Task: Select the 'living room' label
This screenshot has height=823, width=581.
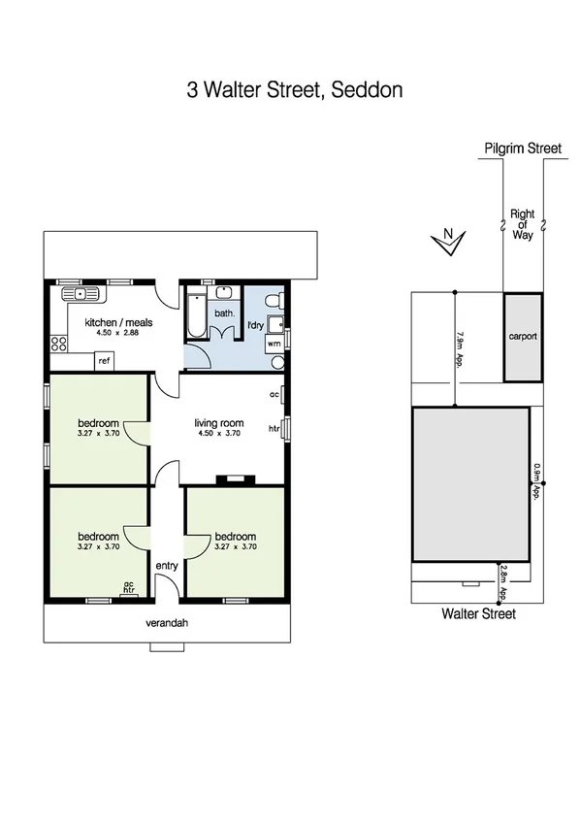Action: point(218,423)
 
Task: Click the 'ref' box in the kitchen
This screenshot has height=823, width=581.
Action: point(104,361)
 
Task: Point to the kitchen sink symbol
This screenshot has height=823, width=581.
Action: point(76,293)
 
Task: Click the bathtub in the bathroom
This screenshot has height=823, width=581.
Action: point(195,313)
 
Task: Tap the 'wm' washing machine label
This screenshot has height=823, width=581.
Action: point(274,343)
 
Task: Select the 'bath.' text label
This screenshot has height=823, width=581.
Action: point(224,313)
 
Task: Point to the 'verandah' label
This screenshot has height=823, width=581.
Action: point(168,624)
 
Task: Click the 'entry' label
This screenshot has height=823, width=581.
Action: point(167,566)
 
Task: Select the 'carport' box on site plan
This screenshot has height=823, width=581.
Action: point(522,337)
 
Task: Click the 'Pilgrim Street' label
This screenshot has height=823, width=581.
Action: point(523,148)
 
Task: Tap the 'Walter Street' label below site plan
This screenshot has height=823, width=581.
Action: point(478,613)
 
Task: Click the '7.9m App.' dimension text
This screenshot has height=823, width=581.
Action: point(459,346)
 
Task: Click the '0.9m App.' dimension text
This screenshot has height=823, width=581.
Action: point(535,482)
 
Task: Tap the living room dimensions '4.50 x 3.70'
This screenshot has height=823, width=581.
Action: point(218,434)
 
